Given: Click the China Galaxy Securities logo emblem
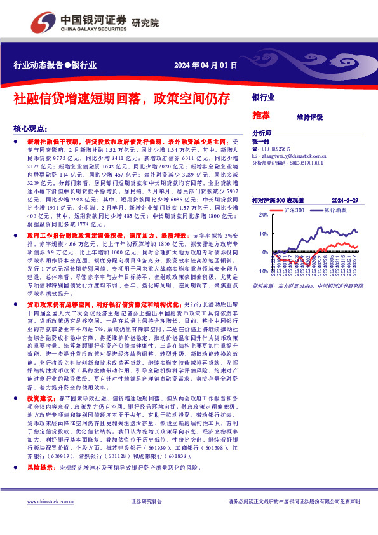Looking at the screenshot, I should click(42, 23).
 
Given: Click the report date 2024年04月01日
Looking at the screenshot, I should click(206, 65).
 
